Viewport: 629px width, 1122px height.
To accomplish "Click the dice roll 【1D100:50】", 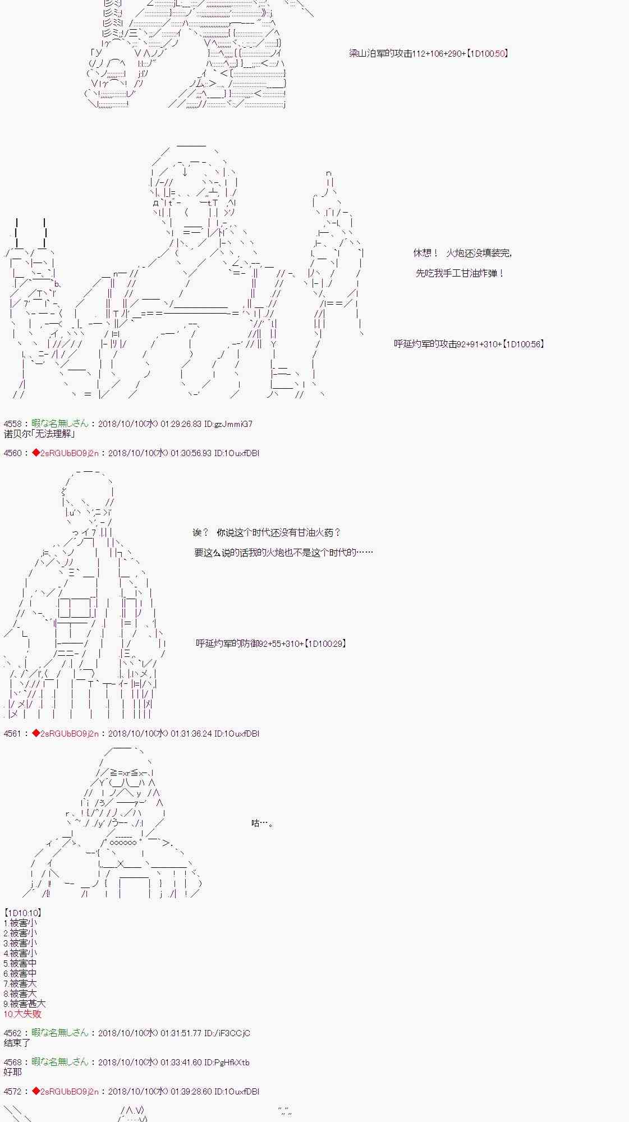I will pos(488,53).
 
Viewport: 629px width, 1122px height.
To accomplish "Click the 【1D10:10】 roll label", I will pos(22,913).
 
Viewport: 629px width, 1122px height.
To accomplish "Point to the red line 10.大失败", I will pos(22,1014).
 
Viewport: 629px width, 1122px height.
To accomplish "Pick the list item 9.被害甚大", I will pos(25,1004).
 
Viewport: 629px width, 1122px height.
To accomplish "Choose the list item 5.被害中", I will pos(20,963).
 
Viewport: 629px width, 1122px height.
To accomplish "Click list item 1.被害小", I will pos(20,923).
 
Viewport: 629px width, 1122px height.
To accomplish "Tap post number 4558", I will pos(13,424).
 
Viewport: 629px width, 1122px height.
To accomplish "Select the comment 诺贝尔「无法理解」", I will pos(39,434).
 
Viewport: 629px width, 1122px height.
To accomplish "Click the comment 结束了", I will pos(17,1043).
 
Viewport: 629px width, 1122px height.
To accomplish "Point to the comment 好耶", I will pos(13,1072).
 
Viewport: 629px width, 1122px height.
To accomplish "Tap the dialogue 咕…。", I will pos(262,824).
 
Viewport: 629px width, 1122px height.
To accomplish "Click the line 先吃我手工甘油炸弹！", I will pos(460,273).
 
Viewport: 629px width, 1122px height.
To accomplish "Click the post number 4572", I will pos(13,1091).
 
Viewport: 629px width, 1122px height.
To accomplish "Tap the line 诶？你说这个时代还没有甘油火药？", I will pos(267,532).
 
